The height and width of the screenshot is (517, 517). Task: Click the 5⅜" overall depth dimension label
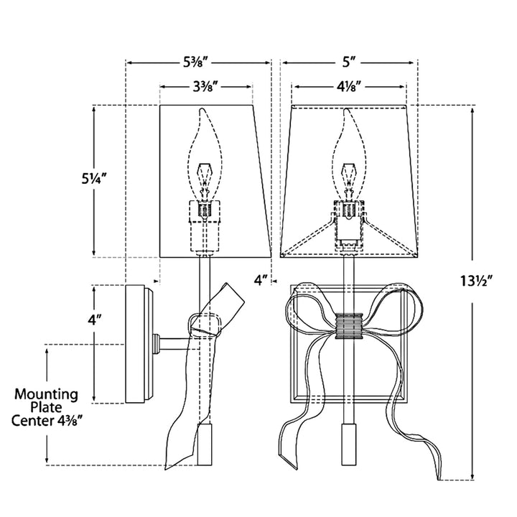point(197,62)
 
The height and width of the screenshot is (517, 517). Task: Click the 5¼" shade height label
point(95,179)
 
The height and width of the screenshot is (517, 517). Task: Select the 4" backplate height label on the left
point(94,320)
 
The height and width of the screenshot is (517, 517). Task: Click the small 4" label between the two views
point(260,281)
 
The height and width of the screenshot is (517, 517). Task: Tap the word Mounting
point(46,395)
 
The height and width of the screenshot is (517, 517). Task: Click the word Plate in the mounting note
point(46,408)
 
